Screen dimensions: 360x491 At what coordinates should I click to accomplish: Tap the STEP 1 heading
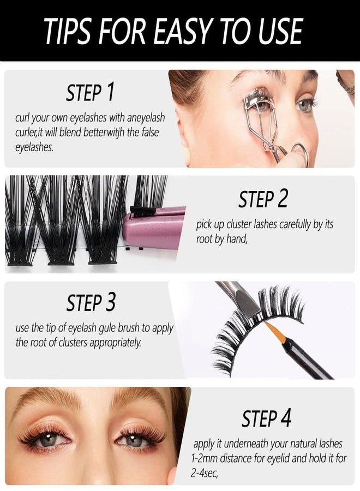90,92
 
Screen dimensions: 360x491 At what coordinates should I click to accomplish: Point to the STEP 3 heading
91,302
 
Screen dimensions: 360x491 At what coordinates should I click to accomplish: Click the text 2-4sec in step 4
204,474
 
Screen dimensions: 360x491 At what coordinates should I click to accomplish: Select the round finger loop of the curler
299,153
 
